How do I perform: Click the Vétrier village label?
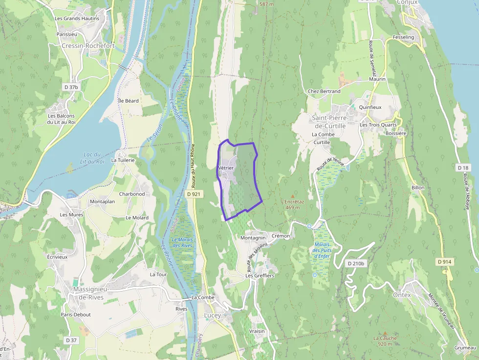[x=225, y=168]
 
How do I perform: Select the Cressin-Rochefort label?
[x=88, y=45]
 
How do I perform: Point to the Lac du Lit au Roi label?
[x=94, y=158]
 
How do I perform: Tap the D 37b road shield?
[x=71, y=87]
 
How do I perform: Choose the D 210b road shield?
[x=356, y=263]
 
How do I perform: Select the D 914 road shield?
[x=444, y=262]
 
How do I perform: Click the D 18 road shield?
[x=463, y=168]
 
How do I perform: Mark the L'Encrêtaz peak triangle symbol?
[x=293, y=196]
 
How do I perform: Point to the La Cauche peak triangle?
[x=385, y=333]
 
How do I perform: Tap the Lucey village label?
[x=212, y=315]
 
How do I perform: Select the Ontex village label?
[x=402, y=295]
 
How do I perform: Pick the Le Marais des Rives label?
[x=182, y=242]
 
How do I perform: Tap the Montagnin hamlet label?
[x=253, y=237]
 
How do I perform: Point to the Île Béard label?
[x=129, y=101]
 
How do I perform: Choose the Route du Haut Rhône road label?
[x=193, y=166]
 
